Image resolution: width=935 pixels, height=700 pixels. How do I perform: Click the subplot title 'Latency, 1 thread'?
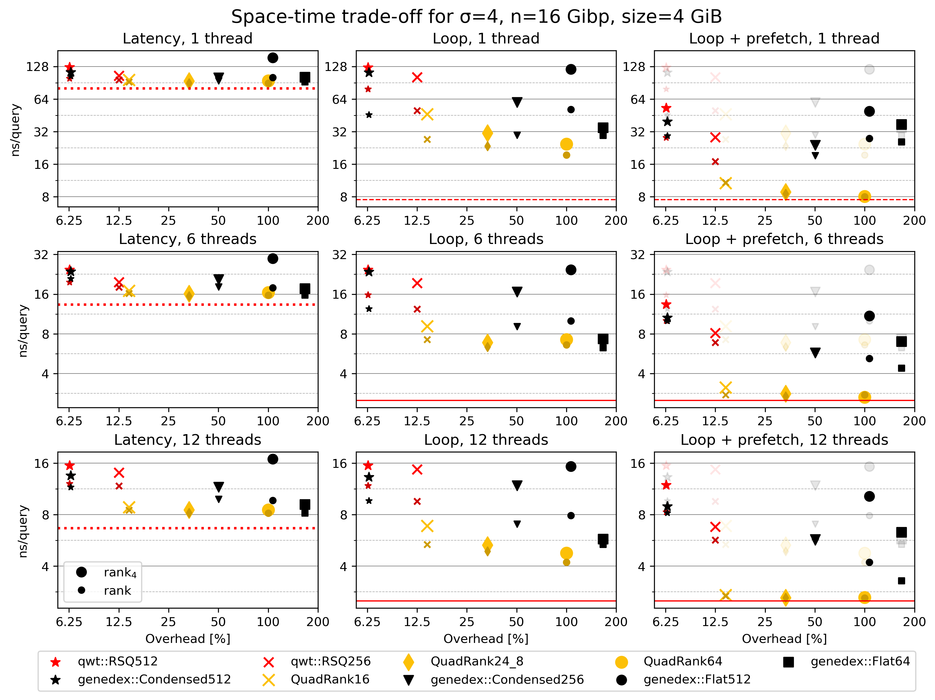187,38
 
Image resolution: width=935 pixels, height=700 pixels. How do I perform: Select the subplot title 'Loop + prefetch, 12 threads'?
784,440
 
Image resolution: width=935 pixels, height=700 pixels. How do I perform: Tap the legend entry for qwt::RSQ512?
117,661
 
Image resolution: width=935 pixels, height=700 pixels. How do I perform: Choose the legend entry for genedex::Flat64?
860,661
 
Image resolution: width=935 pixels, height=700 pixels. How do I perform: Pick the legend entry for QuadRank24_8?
477,661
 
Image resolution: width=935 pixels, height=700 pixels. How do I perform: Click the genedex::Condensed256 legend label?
507,679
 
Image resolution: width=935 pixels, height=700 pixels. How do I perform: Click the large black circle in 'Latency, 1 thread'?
273,58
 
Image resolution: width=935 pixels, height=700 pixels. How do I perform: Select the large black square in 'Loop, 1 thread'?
603,128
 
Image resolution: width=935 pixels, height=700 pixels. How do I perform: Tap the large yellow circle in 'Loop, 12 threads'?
566,553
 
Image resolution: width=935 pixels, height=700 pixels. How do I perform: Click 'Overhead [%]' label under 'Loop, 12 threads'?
486,639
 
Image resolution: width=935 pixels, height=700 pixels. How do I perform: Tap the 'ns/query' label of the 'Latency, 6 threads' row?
23,331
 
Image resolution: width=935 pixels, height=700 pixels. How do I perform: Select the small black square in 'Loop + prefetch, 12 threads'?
901,581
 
